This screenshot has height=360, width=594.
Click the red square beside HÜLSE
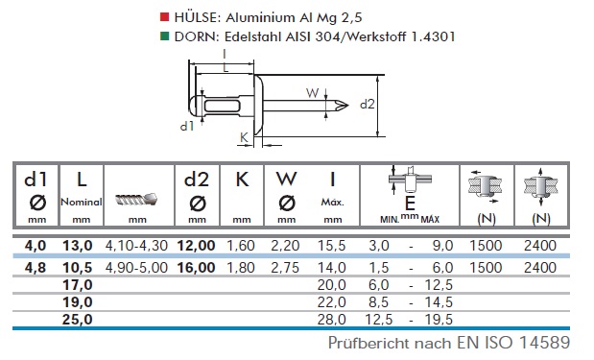[164, 16]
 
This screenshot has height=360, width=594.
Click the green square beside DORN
[164, 36]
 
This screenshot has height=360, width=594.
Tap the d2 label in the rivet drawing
[368, 104]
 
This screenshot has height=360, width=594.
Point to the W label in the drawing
[313, 93]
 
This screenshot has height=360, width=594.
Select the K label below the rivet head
[244, 137]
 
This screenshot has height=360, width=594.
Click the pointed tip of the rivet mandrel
[348, 106]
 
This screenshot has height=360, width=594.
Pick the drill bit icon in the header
[136, 199]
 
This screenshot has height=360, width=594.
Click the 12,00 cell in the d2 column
[196, 246]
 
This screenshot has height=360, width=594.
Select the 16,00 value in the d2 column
[196, 268]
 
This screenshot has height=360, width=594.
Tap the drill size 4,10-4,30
[136, 246]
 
